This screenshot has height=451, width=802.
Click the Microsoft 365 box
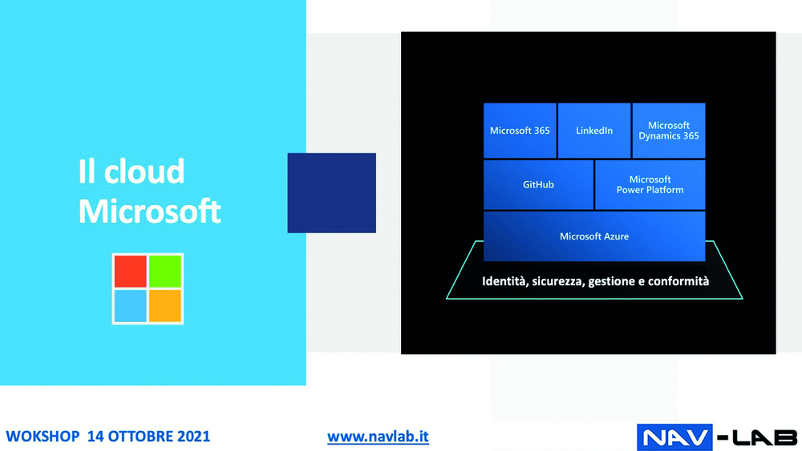(520, 131)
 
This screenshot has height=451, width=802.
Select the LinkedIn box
(594, 131)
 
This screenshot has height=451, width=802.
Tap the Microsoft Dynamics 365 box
(669, 131)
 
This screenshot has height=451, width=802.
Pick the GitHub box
(539, 184)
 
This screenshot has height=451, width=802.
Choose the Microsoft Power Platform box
(650, 184)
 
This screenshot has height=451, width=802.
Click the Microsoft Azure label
(594, 236)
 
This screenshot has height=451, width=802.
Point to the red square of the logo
(131, 272)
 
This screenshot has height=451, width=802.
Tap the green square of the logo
(164, 272)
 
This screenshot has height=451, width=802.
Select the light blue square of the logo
(131, 305)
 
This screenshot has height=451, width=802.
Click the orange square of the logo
(164, 305)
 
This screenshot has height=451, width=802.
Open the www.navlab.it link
(378, 437)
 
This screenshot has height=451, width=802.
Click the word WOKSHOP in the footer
(43, 437)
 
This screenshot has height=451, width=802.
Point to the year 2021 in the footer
(193, 437)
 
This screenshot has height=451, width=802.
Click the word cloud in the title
(144, 171)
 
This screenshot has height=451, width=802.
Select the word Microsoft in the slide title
(149, 211)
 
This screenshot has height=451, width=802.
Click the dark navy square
(331, 192)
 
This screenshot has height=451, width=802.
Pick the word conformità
(678, 281)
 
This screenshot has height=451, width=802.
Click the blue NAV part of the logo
(674, 437)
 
